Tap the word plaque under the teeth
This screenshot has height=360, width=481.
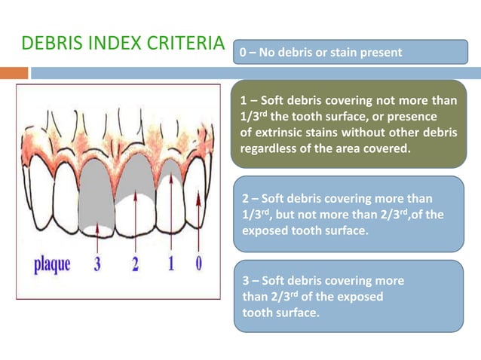(52, 264)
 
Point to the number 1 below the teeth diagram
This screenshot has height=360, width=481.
(171, 264)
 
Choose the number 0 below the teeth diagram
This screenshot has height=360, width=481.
(198, 264)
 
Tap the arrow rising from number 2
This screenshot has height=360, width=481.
(136, 222)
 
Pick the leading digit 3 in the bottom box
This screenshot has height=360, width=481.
(244, 280)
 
